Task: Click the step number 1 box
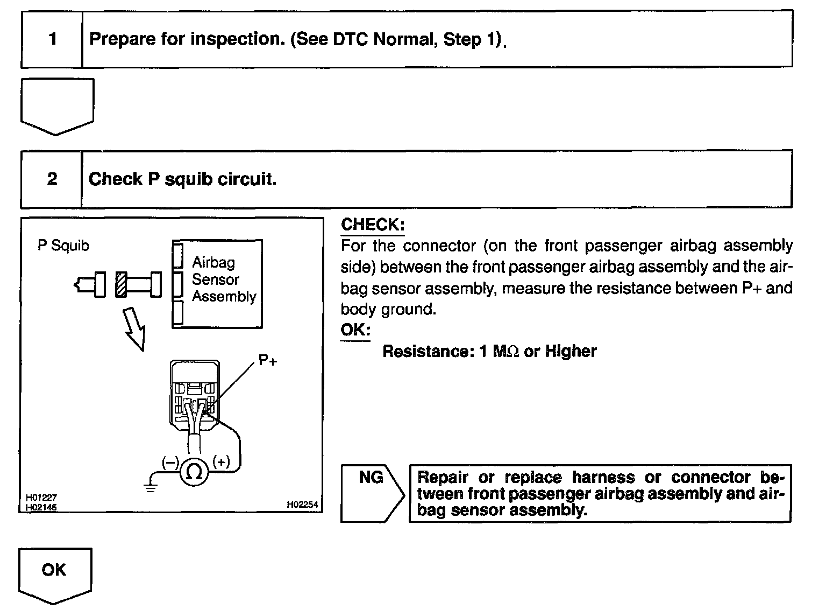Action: point(52,39)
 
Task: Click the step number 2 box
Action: point(52,179)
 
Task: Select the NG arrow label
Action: point(372,478)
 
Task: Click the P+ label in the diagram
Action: point(268,361)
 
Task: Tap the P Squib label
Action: point(63,246)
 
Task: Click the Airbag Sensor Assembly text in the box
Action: point(224,279)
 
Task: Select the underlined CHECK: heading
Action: point(373,225)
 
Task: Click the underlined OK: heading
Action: point(355,330)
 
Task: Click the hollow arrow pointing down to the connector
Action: point(134,329)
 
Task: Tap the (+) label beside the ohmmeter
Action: point(221,461)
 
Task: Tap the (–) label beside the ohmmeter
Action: point(170,462)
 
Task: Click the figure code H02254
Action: point(302,505)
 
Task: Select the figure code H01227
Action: point(41,498)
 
